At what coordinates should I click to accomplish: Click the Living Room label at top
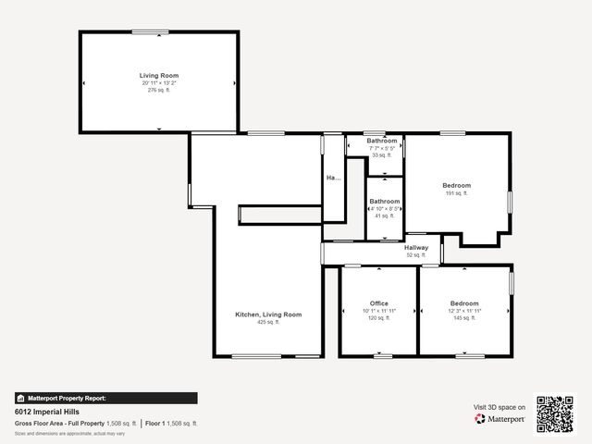pos(159,75)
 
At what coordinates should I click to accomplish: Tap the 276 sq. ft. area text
pos(159,90)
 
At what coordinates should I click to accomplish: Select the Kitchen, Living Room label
pos(268,314)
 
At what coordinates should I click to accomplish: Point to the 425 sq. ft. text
pos(268,323)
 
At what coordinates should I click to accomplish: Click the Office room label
pos(379,303)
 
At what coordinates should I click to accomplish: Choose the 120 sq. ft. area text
pos(379,317)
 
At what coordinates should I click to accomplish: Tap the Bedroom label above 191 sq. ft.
pos(457,185)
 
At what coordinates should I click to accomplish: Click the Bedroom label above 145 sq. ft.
pos(464,303)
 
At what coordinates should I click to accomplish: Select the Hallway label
pos(416,247)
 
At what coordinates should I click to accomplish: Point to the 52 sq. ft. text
pos(416,254)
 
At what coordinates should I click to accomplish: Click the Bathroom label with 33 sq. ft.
pos(382,141)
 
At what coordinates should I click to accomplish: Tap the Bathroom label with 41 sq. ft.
pos(384,201)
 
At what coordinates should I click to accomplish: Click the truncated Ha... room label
pos(333,178)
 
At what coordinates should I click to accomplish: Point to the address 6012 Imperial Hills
pos(44,412)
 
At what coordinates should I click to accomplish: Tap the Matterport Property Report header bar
pos(105,398)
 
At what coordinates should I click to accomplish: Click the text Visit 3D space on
pos(499,407)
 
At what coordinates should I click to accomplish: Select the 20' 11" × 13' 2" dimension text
pos(159,82)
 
